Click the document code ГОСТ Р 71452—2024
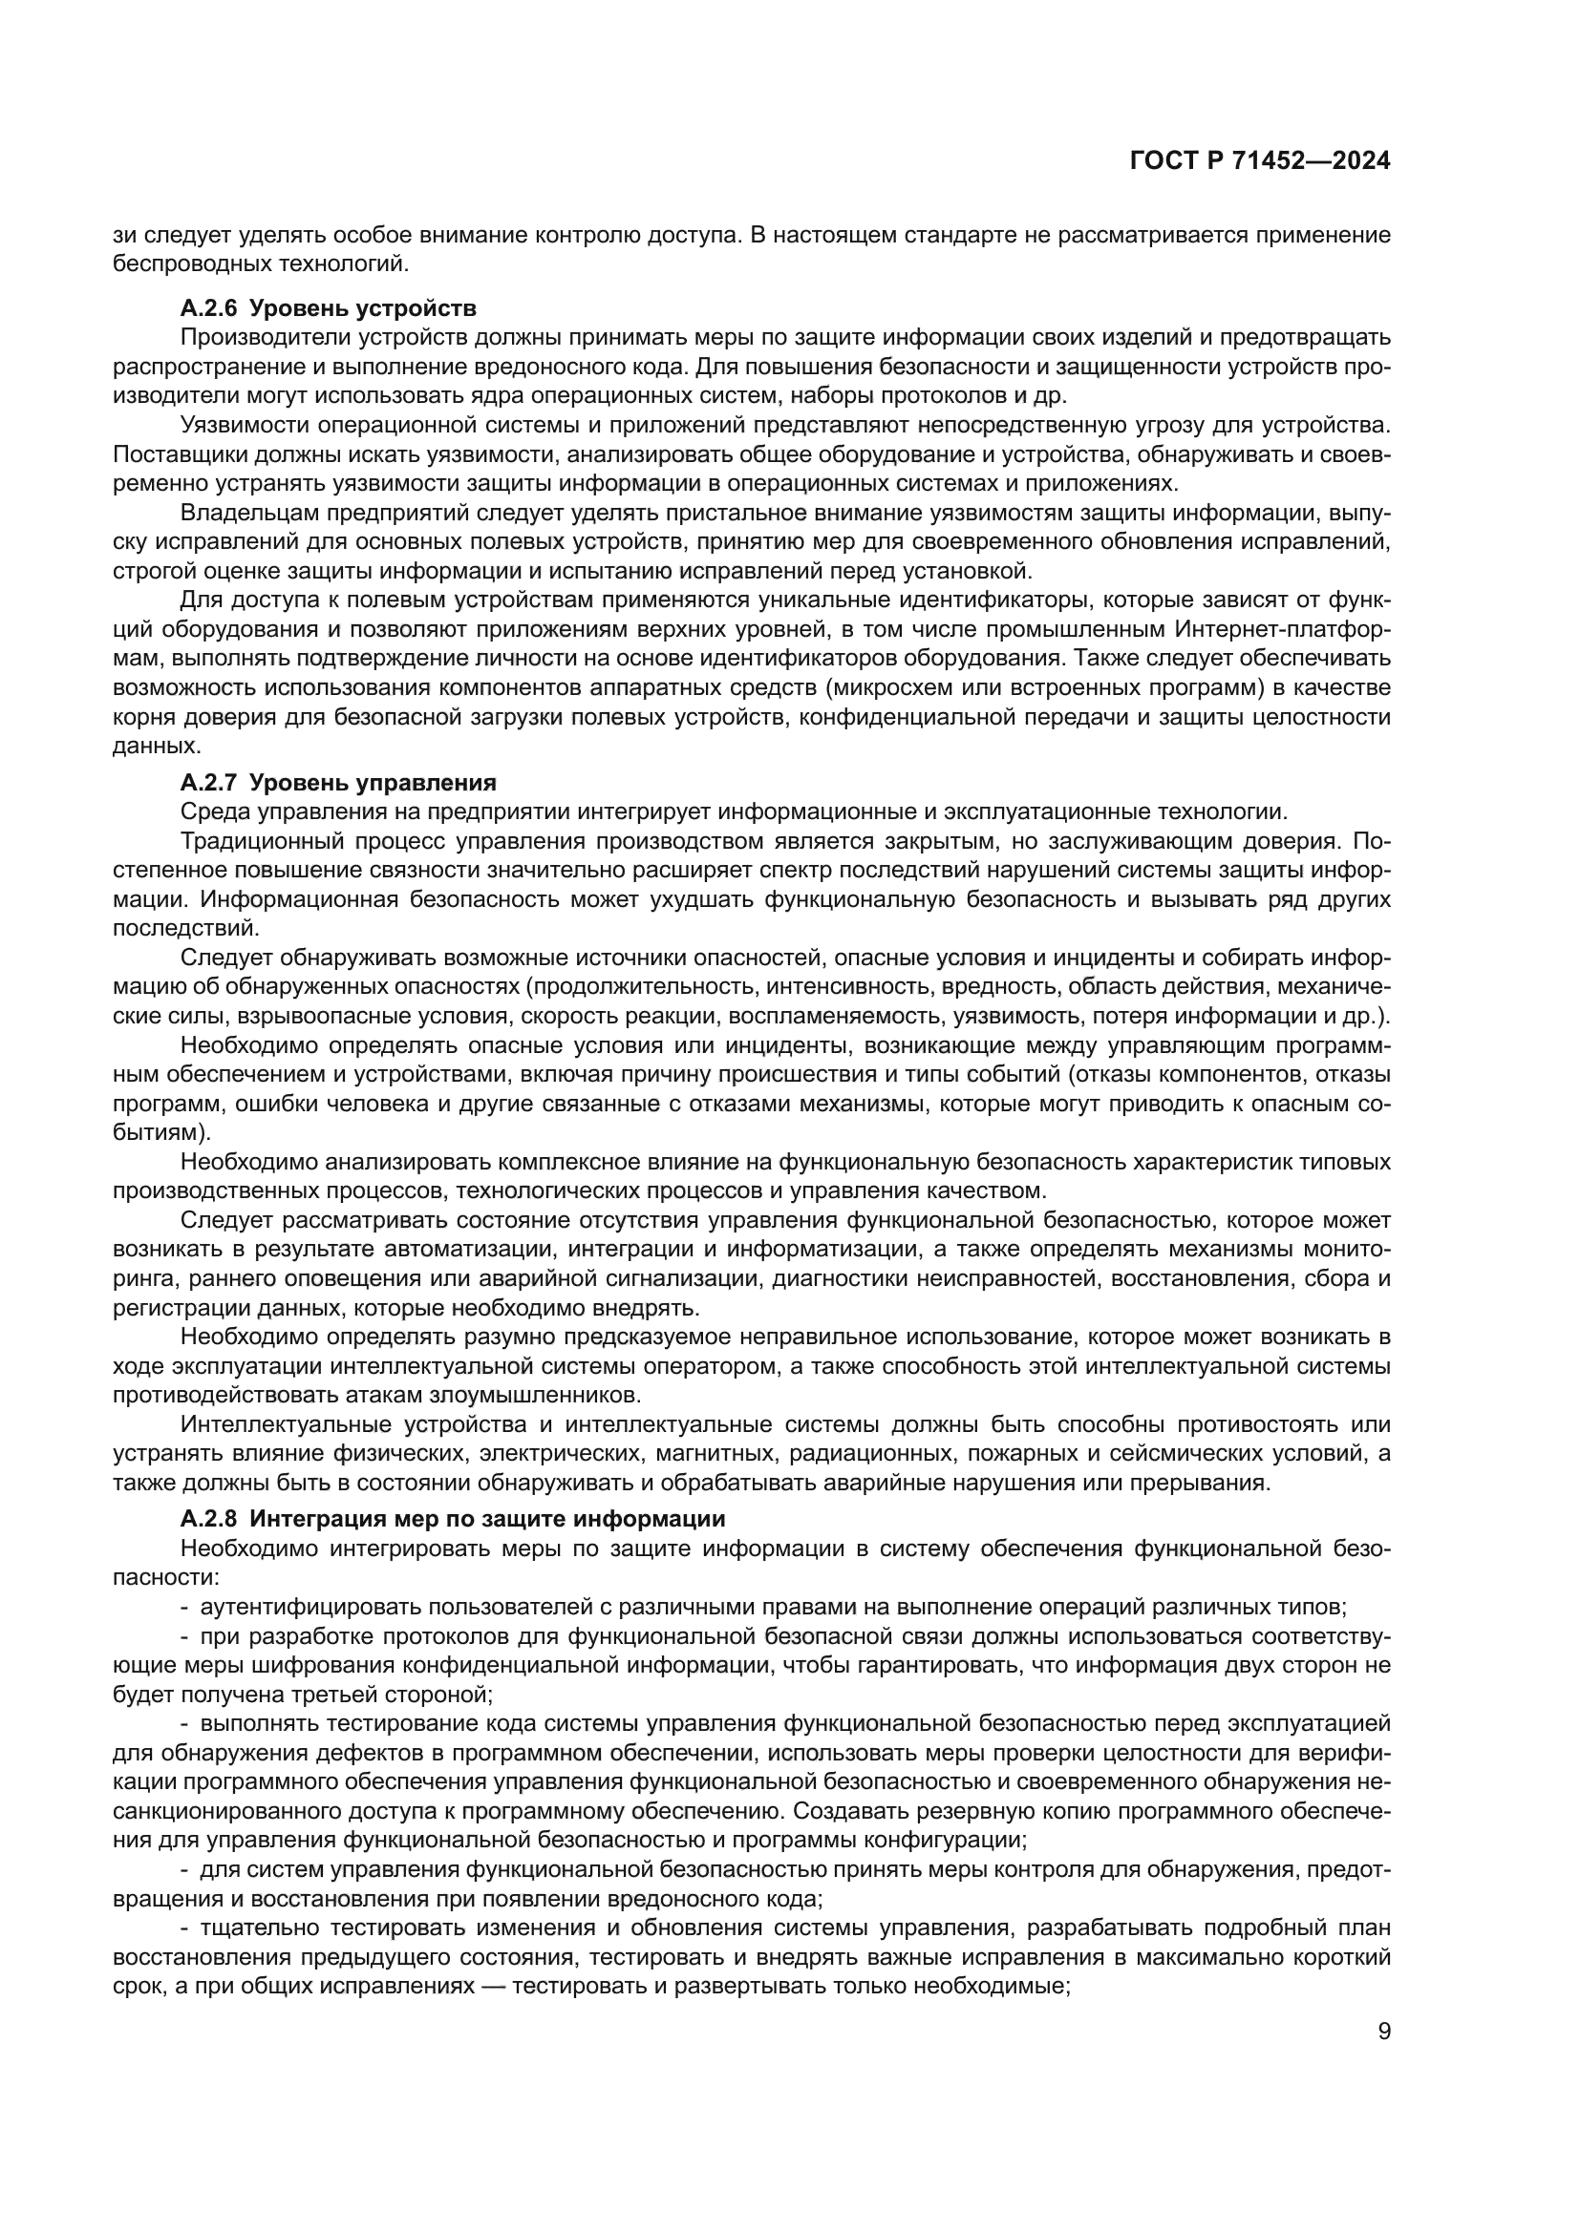coord(1260,161)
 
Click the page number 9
coord(1384,2031)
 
